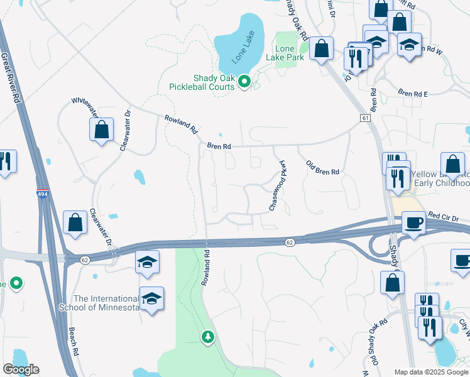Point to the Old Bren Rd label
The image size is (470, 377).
[322, 168]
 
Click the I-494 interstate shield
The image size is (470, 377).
[43, 195]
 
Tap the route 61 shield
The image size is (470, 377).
[364, 118]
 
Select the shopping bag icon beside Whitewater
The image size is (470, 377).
[101, 130]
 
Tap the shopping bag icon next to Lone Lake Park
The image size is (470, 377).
[321, 48]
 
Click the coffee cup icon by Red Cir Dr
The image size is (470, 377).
[413, 223]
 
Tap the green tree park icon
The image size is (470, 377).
[207, 338]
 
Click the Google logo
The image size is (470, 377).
[21, 369]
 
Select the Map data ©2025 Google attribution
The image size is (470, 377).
[430, 372]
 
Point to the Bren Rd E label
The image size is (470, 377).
[413, 94]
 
